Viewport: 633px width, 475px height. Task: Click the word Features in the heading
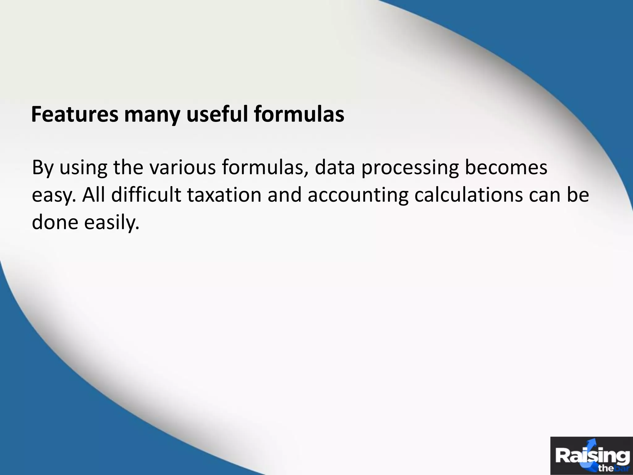tap(74, 114)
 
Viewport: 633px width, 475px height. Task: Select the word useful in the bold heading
tap(217, 114)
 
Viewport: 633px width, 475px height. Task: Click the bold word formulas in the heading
tap(299, 114)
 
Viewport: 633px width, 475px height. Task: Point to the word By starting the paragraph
tap(42, 168)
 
